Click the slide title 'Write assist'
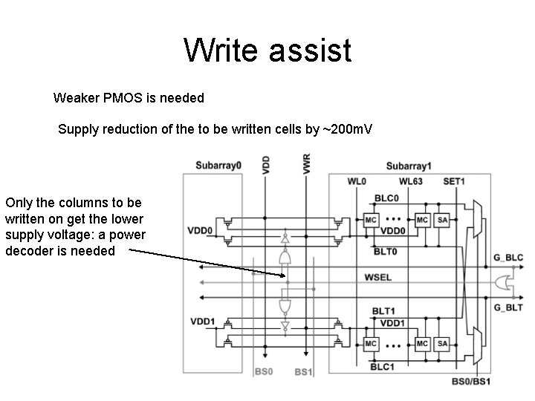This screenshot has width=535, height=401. [x=267, y=51]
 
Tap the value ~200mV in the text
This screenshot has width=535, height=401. [x=347, y=130]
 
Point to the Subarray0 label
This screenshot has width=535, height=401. [x=218, y=164]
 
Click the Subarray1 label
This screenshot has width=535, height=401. [x=409, y=165]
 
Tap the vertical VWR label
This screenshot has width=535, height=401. [x=306, y=164]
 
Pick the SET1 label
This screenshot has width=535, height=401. [x=454, y=182]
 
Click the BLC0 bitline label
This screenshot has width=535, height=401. [x=386, y=198]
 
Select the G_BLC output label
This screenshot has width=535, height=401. [x=509, y=258]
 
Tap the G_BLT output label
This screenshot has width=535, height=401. [x=509, y=306]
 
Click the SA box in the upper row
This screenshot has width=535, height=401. [x=443, y=221]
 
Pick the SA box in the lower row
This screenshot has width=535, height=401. [x=443, y=344]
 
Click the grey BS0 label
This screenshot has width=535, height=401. [x=264, y=371]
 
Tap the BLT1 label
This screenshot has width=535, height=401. [x=383, y=310]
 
